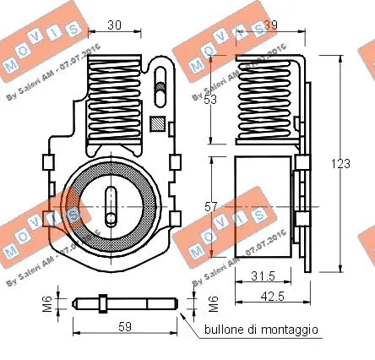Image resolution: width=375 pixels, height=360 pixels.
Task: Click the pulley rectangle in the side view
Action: click(x=262, y=204)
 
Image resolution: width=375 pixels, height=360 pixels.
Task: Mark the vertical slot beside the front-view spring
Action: click(x=158, y=84)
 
